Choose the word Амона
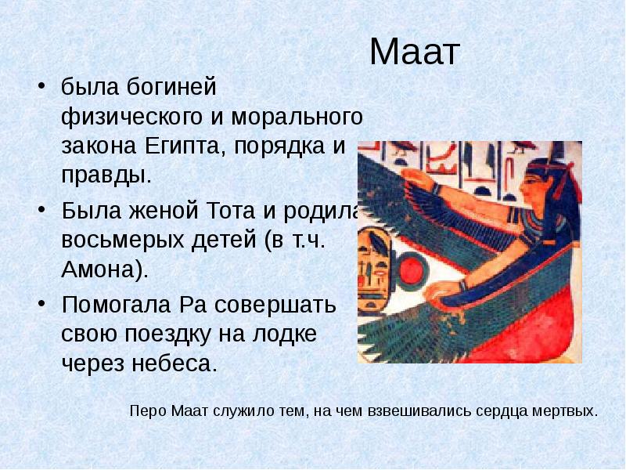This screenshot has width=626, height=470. (x=101, y=269)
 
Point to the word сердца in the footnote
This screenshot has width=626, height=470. (x=505, y=410)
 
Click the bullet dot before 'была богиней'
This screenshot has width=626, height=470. (x=43, y=85)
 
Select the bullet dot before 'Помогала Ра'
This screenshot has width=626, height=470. (x=43, y=305)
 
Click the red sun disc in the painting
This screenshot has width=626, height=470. (x=412, y=273)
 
